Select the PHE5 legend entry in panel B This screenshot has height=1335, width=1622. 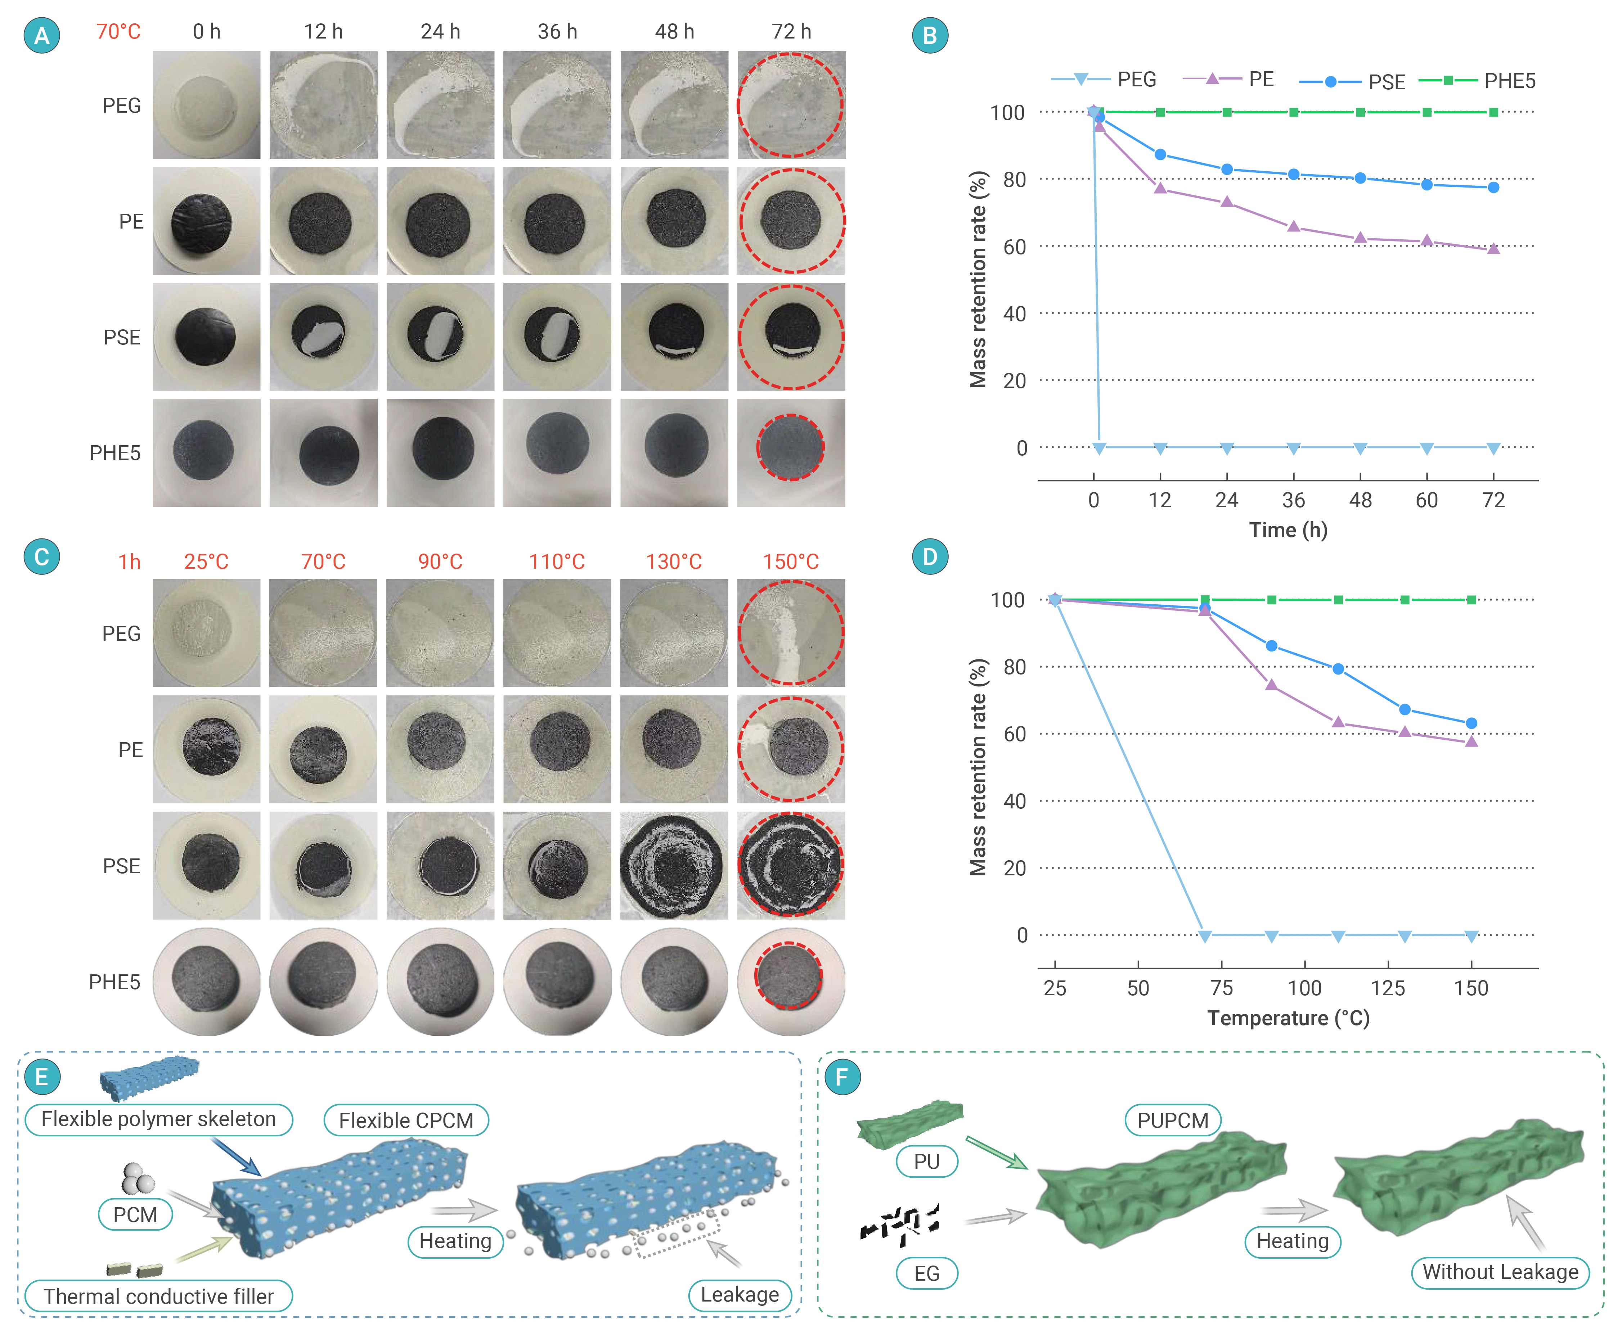coord(1477,81)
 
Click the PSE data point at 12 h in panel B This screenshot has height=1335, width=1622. coord(1160,154)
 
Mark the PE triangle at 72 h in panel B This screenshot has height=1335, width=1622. coord(1493,248)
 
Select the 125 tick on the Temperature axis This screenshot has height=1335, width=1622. coord(1387,988)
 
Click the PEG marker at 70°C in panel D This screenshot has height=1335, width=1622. coord(1205,936)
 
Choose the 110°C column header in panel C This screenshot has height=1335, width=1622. coord(557,561)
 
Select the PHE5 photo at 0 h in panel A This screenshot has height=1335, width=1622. coord(206,452)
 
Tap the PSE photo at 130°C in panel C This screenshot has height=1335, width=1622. coord(674,865)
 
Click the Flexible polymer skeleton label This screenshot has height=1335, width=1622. coord(158,1119)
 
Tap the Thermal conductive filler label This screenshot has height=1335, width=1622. coord(158,1296)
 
